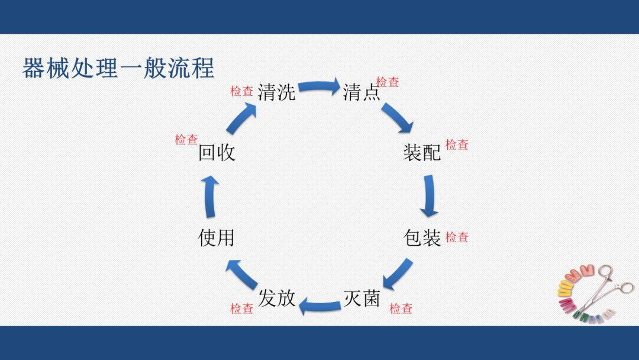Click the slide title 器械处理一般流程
coord(118,69)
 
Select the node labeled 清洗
coord(276,92)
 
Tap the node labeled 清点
coord(362,92)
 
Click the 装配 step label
coord(422,153)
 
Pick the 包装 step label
coord(422,238)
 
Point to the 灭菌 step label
coord(362,298)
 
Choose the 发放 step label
coord(276,298)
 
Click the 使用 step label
coord(216,238)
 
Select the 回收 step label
coord(216,153)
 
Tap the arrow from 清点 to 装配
coord(397,117)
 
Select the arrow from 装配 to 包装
coord(430,195)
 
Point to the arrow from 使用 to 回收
coord(209,196)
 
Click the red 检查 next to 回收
coord(186,140)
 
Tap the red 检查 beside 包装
coord(457,237)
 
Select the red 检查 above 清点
coord(388,82)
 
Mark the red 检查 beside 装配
coord(457,144)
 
